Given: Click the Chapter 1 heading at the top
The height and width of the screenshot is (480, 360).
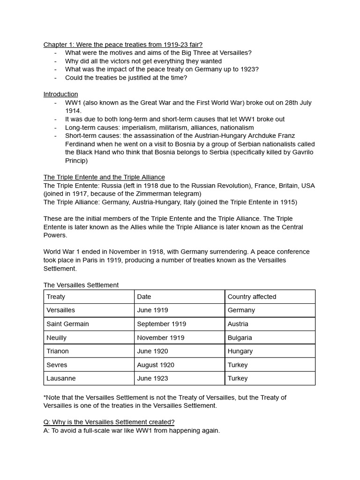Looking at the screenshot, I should (123, 45).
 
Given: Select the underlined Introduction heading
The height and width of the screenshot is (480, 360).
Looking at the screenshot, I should (60, 94).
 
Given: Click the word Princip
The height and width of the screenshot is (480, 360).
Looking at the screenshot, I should (76, 160).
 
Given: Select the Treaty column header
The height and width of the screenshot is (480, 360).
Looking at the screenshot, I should (56, 297).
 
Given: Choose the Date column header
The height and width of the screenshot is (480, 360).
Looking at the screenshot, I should (144, 297).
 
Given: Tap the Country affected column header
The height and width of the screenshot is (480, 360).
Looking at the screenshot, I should (252, 297).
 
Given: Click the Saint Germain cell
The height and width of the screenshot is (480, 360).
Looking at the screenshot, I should (67, 324).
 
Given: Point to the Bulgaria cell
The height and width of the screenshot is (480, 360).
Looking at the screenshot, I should (240, 337).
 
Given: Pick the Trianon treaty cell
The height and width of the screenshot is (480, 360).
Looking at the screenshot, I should (58, 351).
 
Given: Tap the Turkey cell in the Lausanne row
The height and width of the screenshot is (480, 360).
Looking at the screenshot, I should (237, 378).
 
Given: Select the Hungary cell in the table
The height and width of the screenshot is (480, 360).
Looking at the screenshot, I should (240, 351).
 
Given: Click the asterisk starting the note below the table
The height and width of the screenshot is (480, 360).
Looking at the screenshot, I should (45, 397).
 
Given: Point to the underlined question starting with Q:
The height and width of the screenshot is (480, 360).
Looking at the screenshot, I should (109, 422).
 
